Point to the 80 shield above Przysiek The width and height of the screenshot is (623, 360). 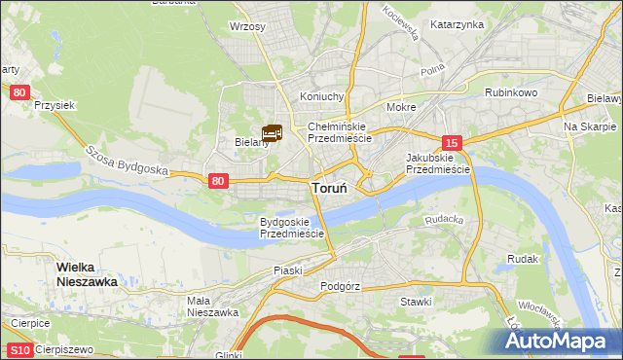[20, 91]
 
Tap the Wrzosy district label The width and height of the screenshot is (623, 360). [247, 27]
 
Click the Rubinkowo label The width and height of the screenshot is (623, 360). [512, 92]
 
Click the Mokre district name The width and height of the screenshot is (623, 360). [401, 107]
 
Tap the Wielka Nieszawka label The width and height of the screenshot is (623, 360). [87, 273]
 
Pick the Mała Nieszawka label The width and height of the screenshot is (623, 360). [212, 306]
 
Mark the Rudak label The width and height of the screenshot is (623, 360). [523, 260]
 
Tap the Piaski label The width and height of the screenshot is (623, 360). [288, 270]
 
